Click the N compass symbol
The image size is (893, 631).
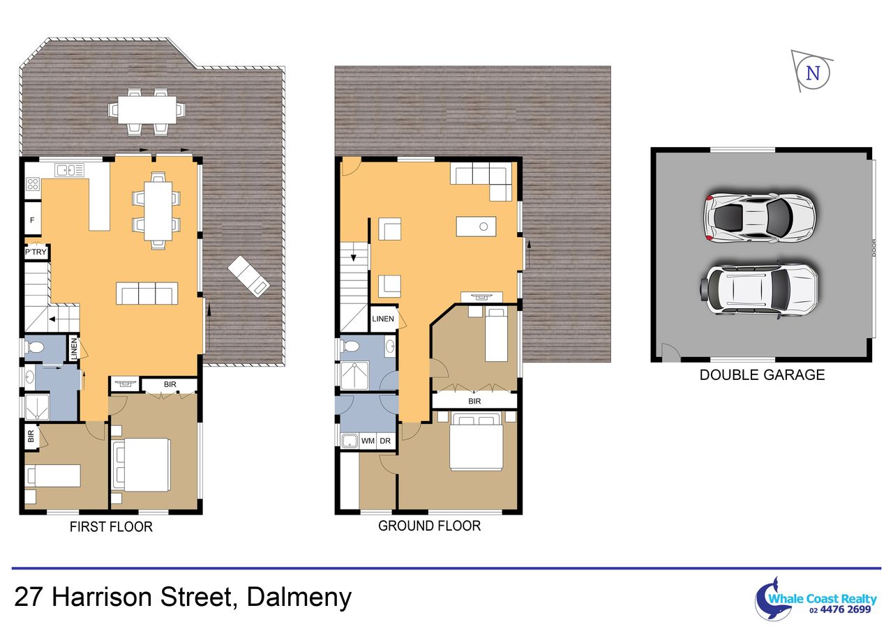[x=813, y=73]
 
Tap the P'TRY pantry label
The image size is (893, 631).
[x=36, y=252]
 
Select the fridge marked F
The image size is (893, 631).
[x=33, y=220]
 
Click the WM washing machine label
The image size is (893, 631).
[x=368, y=441]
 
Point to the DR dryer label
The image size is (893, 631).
[x=385, y=441]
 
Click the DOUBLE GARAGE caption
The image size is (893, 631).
[x=762, y=375]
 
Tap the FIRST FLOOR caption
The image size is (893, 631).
[x=111, y=526]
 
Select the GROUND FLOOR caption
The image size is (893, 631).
[x=429, y=526]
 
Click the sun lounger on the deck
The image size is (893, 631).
[x=249, y=276]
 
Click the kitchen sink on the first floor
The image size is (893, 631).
[x=70, y=171]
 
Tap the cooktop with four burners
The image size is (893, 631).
[x=33, y=185]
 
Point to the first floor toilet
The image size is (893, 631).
[x=34, y=347]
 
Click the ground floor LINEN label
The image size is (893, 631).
[x=383, y=319]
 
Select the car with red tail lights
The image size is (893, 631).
[x=760, y=218]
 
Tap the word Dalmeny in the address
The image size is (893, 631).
[x=299, y=597]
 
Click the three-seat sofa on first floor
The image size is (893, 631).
[x=147, y=294]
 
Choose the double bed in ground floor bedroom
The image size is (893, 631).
[x=476, y=442]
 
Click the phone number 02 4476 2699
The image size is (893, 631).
[x=841, y=609]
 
